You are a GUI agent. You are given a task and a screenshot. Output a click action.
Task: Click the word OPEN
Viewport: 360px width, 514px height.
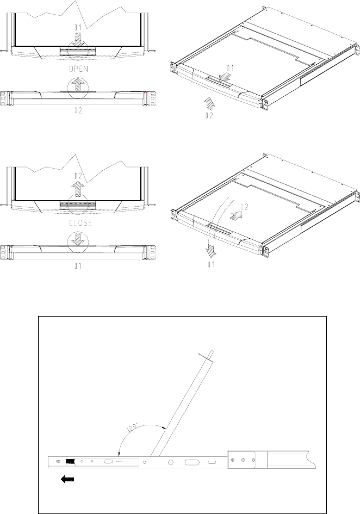point(78,70)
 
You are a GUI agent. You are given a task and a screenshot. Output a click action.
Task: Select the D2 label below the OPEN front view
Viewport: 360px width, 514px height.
point(78,110)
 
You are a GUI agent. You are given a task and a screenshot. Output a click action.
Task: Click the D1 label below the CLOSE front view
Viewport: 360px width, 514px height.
point(78,266)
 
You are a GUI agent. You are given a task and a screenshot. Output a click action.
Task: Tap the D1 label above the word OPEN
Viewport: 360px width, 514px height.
point(78,26)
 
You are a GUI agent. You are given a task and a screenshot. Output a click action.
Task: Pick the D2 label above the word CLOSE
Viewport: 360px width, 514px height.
point(78,176)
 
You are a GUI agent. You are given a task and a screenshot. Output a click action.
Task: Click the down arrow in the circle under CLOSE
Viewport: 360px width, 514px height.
point(78,239)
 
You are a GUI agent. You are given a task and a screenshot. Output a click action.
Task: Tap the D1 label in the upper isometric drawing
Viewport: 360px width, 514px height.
point(230,69)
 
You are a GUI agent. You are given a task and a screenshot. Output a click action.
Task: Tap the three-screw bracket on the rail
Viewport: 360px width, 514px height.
point(243,460)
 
